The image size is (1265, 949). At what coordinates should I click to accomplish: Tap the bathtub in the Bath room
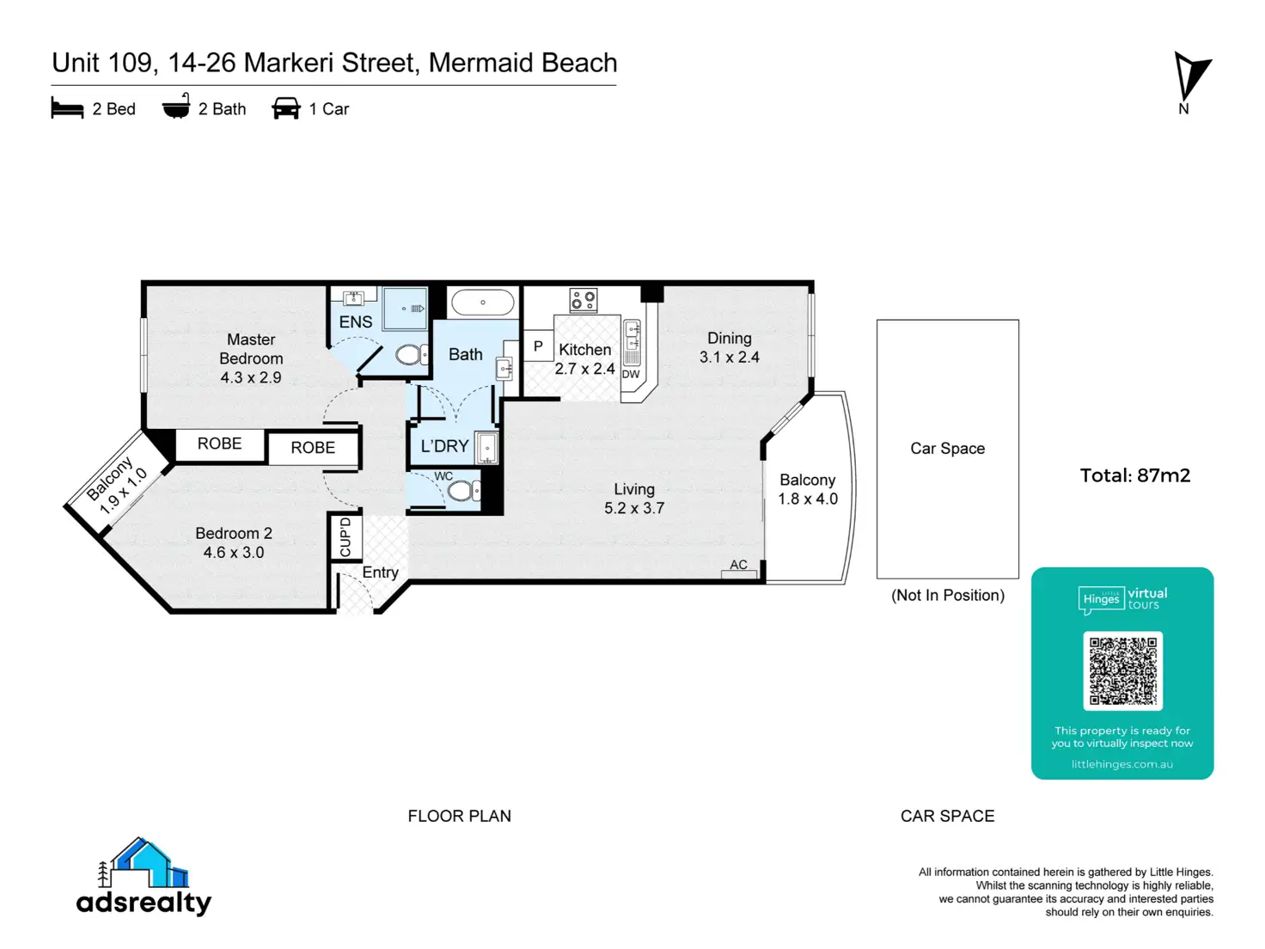pos(482,303)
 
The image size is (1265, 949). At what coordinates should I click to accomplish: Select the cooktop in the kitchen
pos(583,300)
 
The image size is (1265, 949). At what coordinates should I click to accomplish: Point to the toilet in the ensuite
pos(412,354)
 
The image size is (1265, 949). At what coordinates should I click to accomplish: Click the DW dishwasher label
pos(631,374)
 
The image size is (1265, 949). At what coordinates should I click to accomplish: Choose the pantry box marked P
pos(538,346)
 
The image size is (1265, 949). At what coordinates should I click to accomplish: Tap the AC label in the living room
pos(738,565)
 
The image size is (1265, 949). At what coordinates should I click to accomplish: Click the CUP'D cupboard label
pos(345,537)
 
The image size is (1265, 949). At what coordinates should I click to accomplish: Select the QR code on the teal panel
pos(1122,670)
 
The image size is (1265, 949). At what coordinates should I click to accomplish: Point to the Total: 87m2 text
pos(1134,475)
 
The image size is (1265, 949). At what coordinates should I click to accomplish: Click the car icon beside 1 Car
pos(286,108)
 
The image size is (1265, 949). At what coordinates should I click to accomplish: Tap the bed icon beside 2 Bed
pos(67,108)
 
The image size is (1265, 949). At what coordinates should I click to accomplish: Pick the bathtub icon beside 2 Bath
pos(176,106)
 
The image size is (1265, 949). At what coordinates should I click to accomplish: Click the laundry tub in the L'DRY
pos(486,447)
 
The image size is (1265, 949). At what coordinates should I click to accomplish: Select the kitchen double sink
pos(632,335)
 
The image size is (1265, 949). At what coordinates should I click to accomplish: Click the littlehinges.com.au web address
pos(1121,764)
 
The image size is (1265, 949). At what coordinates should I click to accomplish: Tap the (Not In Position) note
pos(947,595)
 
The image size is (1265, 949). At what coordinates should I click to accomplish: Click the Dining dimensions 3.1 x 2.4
pos(729,358)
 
